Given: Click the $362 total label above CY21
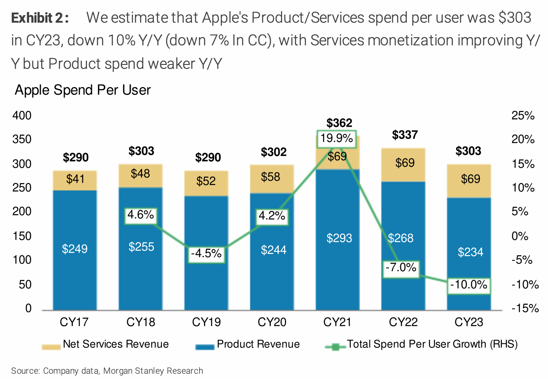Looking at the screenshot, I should tap(339, 123).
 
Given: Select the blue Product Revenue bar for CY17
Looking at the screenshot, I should tap(75, 263).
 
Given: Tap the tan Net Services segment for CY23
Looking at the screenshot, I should tap(469, 181).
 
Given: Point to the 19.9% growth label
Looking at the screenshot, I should tap(336, 138).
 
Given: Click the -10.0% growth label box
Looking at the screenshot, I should tap(469, 285).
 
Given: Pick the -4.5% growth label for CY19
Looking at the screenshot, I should tap(206, 254).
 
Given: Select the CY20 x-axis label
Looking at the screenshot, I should tap(272, 322).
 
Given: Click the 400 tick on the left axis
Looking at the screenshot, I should tap(22, 116).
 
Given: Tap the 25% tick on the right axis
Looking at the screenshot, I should tap(523, 116).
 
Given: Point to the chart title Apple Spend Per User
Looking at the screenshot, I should tap(83, 90).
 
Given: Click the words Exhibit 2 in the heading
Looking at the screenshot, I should tap(40, 18).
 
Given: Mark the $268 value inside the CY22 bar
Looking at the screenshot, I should tap(401, 238).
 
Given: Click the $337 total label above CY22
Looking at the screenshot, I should tap(404, 135).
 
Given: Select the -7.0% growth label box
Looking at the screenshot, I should tap(401, 268).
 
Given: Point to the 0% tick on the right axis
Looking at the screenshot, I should tap(520, 236).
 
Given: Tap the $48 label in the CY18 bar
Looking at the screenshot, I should tap(140, 174).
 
